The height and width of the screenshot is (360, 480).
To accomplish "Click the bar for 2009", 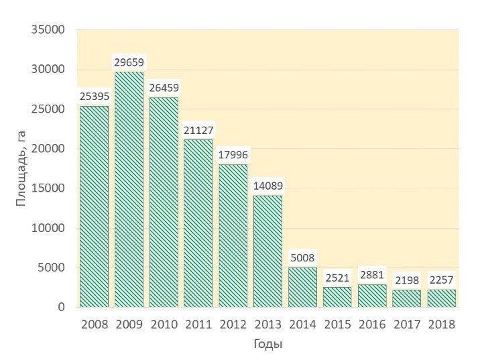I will (x=129, y=189).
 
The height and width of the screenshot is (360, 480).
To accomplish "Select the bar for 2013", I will (x=267, y=251).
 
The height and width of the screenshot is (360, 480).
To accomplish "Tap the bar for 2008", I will (x=94, y=206).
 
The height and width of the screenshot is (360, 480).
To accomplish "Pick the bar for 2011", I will (x=198, y=223).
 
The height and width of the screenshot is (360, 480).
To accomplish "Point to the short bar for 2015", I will (x=337, y=297).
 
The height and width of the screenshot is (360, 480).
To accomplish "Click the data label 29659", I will (x=129, y=62).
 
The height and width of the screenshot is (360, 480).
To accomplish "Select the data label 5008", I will (x=302, y=258).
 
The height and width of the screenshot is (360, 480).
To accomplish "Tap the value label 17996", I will (x=233, y=155).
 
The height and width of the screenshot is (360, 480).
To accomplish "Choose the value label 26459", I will (x=164, y=88).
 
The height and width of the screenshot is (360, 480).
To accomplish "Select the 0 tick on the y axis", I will (x=60, y=307).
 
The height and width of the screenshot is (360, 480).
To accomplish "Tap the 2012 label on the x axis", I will (x=233, y=324).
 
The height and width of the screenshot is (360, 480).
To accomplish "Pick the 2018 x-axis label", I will (x=441, y=324).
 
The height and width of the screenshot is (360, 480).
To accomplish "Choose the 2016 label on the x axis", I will (x=372, y=324).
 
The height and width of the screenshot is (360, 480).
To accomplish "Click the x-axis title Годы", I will (x=267, y=345).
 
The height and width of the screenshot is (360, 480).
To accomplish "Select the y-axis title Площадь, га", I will (x=21, y=168).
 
